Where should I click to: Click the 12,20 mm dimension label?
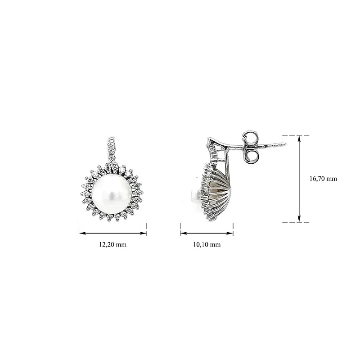113,244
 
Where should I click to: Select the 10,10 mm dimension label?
207,244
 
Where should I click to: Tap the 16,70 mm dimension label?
323,179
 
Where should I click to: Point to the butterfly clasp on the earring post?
251,147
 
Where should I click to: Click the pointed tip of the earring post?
286,144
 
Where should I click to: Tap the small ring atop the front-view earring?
112,139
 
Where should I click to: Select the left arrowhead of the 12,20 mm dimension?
82,233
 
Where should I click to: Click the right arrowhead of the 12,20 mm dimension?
143,233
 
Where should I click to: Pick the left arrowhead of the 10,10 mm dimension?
184,233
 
